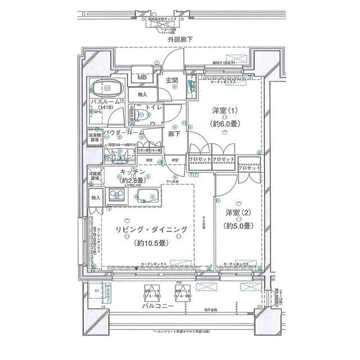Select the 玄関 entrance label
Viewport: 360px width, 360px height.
173,80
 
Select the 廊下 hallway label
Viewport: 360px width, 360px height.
173,134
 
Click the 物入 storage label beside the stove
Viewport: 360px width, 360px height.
96,198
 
